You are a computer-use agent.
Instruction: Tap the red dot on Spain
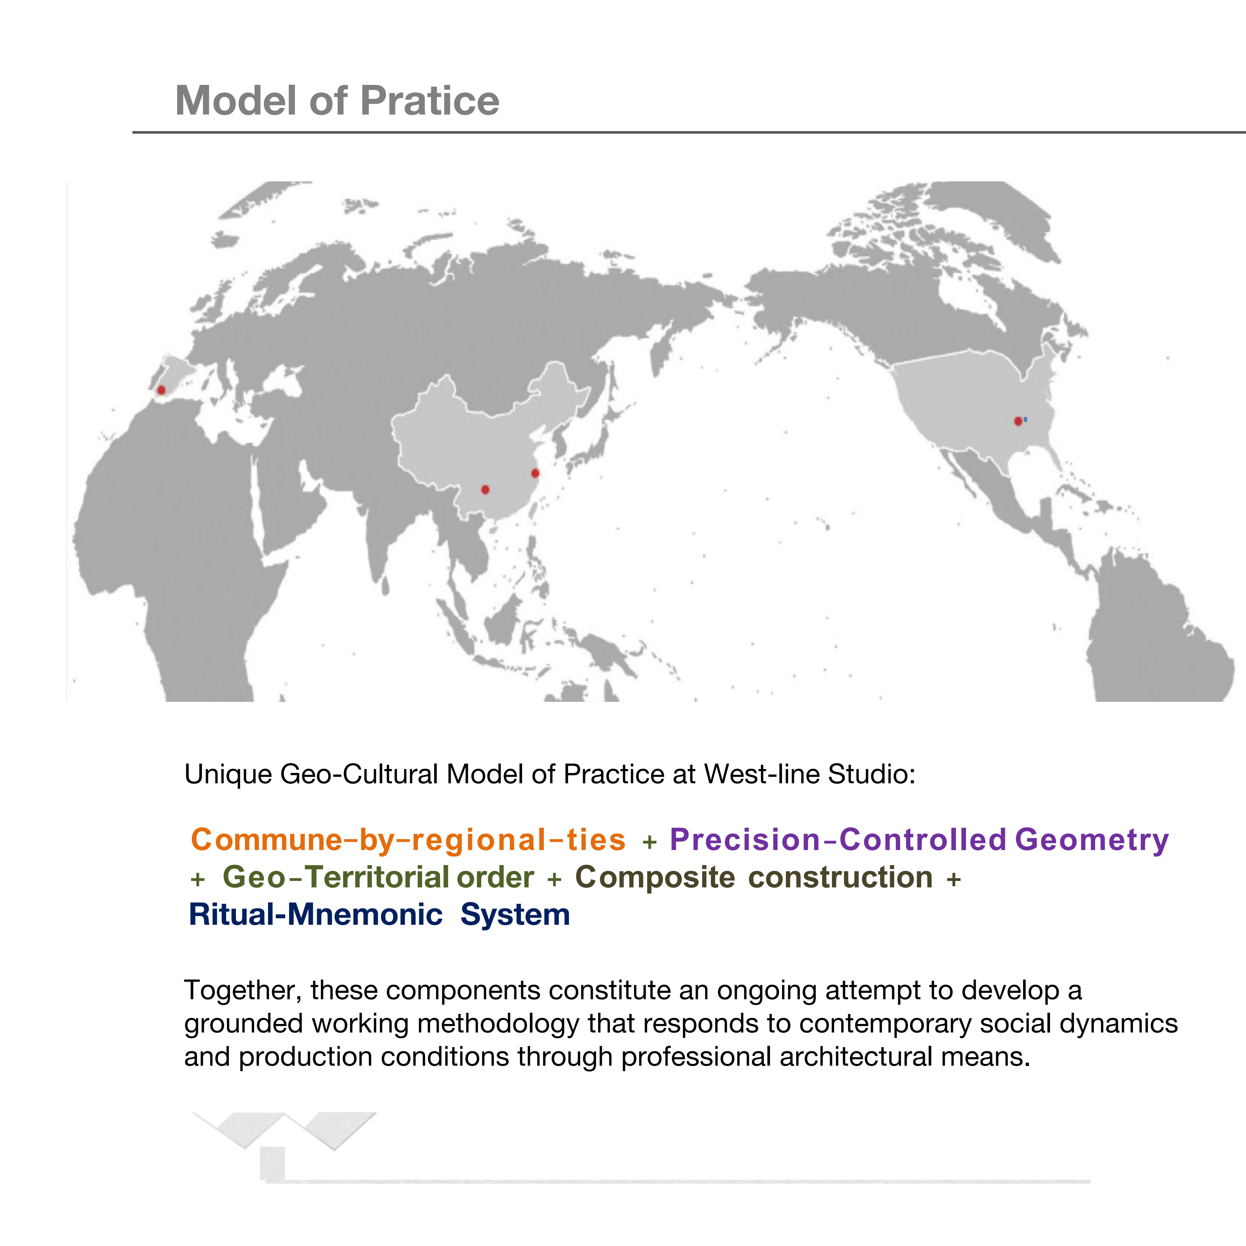coord(161,390)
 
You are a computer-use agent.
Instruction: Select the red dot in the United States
coord(1018,421)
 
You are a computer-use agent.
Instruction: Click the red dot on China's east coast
coord(535,473)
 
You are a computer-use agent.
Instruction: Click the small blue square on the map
coord(1025,419)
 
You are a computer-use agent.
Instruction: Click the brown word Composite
coord(654,877)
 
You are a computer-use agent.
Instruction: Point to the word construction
coord(840,877)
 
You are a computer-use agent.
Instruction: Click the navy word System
coord(515,914)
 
